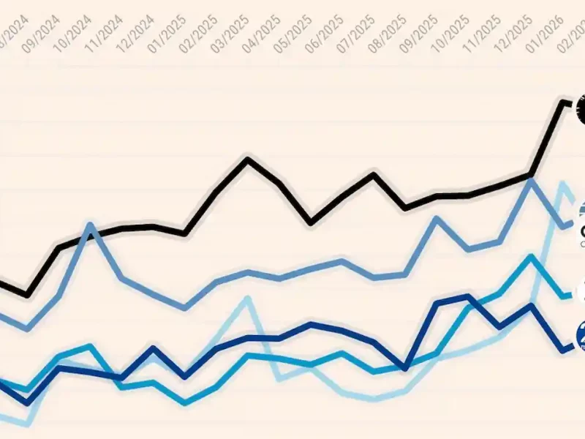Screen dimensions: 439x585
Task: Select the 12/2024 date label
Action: click(134, 31)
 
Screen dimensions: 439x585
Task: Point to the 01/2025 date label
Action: click(165, 31)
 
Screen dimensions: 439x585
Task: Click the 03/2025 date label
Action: click(228, 31)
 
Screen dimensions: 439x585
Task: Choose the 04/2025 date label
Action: click(260, 31)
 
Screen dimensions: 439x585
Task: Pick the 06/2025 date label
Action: click(323, 31)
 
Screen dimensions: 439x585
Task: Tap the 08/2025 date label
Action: click(386, 31)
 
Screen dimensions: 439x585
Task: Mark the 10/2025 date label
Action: click(450, 31)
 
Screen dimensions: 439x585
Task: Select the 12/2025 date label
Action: click(513, 31)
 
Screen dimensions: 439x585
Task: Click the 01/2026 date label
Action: click(544, 31)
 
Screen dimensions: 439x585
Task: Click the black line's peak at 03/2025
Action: click(248, 159)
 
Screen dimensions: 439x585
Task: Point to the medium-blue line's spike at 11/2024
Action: click(91, 225)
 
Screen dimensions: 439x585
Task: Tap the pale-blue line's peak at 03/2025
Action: click(248, 299)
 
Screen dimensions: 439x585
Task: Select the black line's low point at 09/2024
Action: click(28, 295)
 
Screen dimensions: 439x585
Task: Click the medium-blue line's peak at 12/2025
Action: click(532, 180)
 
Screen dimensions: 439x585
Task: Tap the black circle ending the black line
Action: click(581, 108)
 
